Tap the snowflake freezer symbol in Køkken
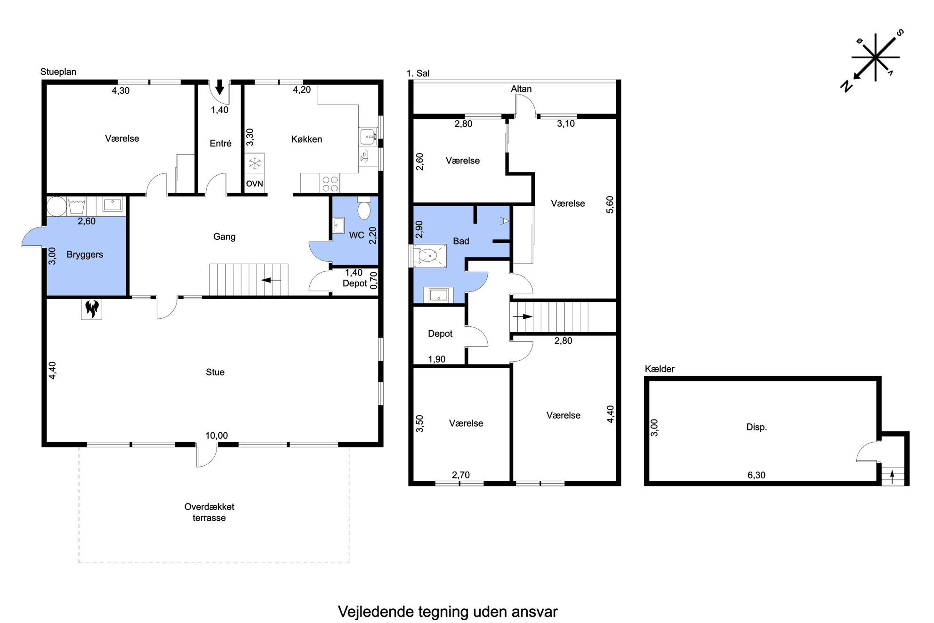point(255,164)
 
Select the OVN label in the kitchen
point(254,184)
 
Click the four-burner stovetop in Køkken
point(330,183)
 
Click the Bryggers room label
point(85,255)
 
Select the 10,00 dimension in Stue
point(217,436)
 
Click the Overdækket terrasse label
point(209,512)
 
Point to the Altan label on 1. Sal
point(521,89)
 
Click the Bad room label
point(461,241)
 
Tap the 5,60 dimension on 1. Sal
point(610,204)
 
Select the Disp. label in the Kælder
point(757,427)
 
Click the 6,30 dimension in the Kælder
point(757,475)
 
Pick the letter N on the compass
point(846,86)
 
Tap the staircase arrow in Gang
point(271,280)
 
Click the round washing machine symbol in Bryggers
point(56,206)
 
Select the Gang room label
point(224,236)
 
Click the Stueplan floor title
point(58,72)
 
